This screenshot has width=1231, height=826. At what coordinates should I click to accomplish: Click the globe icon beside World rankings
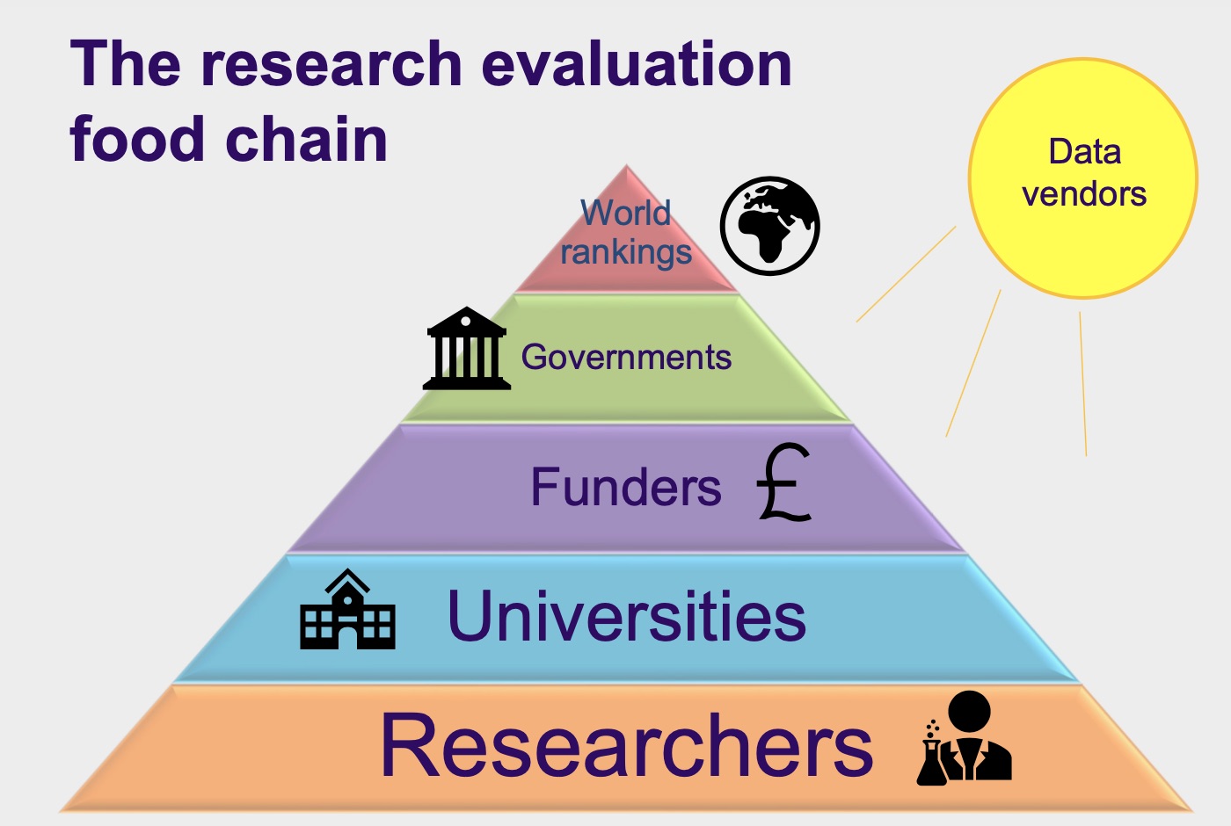[769, 226]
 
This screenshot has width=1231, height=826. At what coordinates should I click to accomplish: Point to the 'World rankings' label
[626, 233]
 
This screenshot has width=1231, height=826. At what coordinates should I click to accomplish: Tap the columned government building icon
[467, 349]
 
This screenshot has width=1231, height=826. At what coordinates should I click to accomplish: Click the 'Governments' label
[626, 358]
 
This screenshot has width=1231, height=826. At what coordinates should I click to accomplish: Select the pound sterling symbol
[783, 483]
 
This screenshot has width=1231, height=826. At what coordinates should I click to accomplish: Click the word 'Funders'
[626, 488]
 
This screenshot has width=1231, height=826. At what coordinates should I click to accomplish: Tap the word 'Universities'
[626, 616]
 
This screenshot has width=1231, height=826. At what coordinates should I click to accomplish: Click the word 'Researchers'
[626, 746]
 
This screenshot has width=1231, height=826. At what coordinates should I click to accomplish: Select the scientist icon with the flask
[965, 739]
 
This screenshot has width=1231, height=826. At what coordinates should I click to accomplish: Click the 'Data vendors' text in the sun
[1084, 173]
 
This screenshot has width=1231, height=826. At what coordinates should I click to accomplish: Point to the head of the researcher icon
[970, 710]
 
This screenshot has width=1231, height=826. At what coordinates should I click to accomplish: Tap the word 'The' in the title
[126, 64]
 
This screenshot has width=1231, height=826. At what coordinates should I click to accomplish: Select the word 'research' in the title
[331, 64]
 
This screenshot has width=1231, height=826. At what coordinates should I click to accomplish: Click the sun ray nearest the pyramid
[906, 274]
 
